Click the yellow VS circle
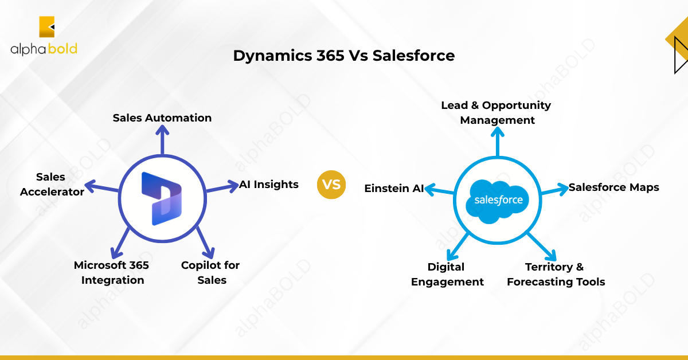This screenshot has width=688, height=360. [331, 185]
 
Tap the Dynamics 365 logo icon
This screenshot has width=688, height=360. [162, 198]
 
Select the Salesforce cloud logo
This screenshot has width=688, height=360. [497, 201]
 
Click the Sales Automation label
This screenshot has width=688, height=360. [162, 118]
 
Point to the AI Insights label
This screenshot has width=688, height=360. [269, 185]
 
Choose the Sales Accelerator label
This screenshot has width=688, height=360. [52, 185]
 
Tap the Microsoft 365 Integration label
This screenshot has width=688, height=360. [111, 272]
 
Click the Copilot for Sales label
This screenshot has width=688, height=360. [210, 272]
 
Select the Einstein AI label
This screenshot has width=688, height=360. [394, 188]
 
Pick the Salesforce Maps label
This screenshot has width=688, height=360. [613, 187]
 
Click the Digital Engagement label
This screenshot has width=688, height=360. [447, 275]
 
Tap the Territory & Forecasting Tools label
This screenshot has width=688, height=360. [556, 275]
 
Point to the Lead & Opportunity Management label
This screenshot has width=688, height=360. [497, 112]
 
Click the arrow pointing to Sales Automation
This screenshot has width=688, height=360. [162, 140]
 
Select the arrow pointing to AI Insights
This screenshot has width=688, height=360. [222, 187]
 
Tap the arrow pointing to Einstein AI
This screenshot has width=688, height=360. [439, 190]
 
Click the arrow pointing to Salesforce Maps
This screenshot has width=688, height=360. [555, 190]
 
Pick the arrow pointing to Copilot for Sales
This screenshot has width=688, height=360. [205, 242]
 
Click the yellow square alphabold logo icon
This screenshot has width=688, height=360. [46, 27]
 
